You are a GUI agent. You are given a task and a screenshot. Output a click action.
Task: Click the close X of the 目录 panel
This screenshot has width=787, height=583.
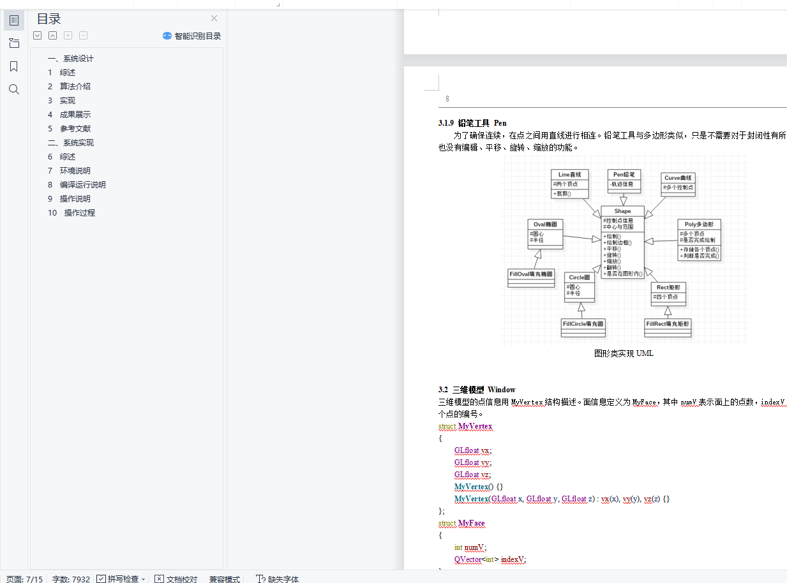[214, 18]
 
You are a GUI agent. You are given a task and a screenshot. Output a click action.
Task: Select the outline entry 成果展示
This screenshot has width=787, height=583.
[75, 115]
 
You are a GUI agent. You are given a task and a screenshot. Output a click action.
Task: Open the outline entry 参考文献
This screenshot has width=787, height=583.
[75, 129]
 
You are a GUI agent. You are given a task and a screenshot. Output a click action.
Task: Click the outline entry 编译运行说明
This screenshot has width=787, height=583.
[82, 185]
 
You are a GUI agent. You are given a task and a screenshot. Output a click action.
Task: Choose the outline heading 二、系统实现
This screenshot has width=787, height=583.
[71, 143]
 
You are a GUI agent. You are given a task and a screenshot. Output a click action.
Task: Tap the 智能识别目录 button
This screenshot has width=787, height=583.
[191, 36]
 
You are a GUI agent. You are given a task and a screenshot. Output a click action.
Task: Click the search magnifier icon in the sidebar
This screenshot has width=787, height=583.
[14, 89]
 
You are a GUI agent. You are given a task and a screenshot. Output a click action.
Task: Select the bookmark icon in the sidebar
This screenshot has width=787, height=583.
[14, 66]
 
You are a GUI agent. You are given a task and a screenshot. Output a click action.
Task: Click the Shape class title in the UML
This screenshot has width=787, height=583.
[622, 211]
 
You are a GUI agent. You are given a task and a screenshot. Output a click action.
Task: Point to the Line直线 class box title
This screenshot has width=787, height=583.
[569, 175]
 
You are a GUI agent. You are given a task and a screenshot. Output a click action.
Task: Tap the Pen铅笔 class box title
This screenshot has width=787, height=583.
[623, 175]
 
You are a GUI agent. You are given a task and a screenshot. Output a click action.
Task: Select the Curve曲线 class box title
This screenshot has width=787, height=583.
[678, 178]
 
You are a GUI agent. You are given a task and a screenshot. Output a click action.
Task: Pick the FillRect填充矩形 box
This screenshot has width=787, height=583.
[668, 324]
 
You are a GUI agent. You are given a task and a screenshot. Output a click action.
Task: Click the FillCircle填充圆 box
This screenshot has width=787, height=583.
[583, 324]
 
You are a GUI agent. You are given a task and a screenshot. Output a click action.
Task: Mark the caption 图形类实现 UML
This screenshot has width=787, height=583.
[624, 353]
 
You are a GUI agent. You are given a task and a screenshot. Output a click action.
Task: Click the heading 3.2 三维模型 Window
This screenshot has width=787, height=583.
[477, 390]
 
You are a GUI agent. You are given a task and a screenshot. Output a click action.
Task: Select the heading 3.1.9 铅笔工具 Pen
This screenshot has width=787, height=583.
[472, 123]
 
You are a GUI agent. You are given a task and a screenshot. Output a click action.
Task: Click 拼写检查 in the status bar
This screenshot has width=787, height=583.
[122, 579]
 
